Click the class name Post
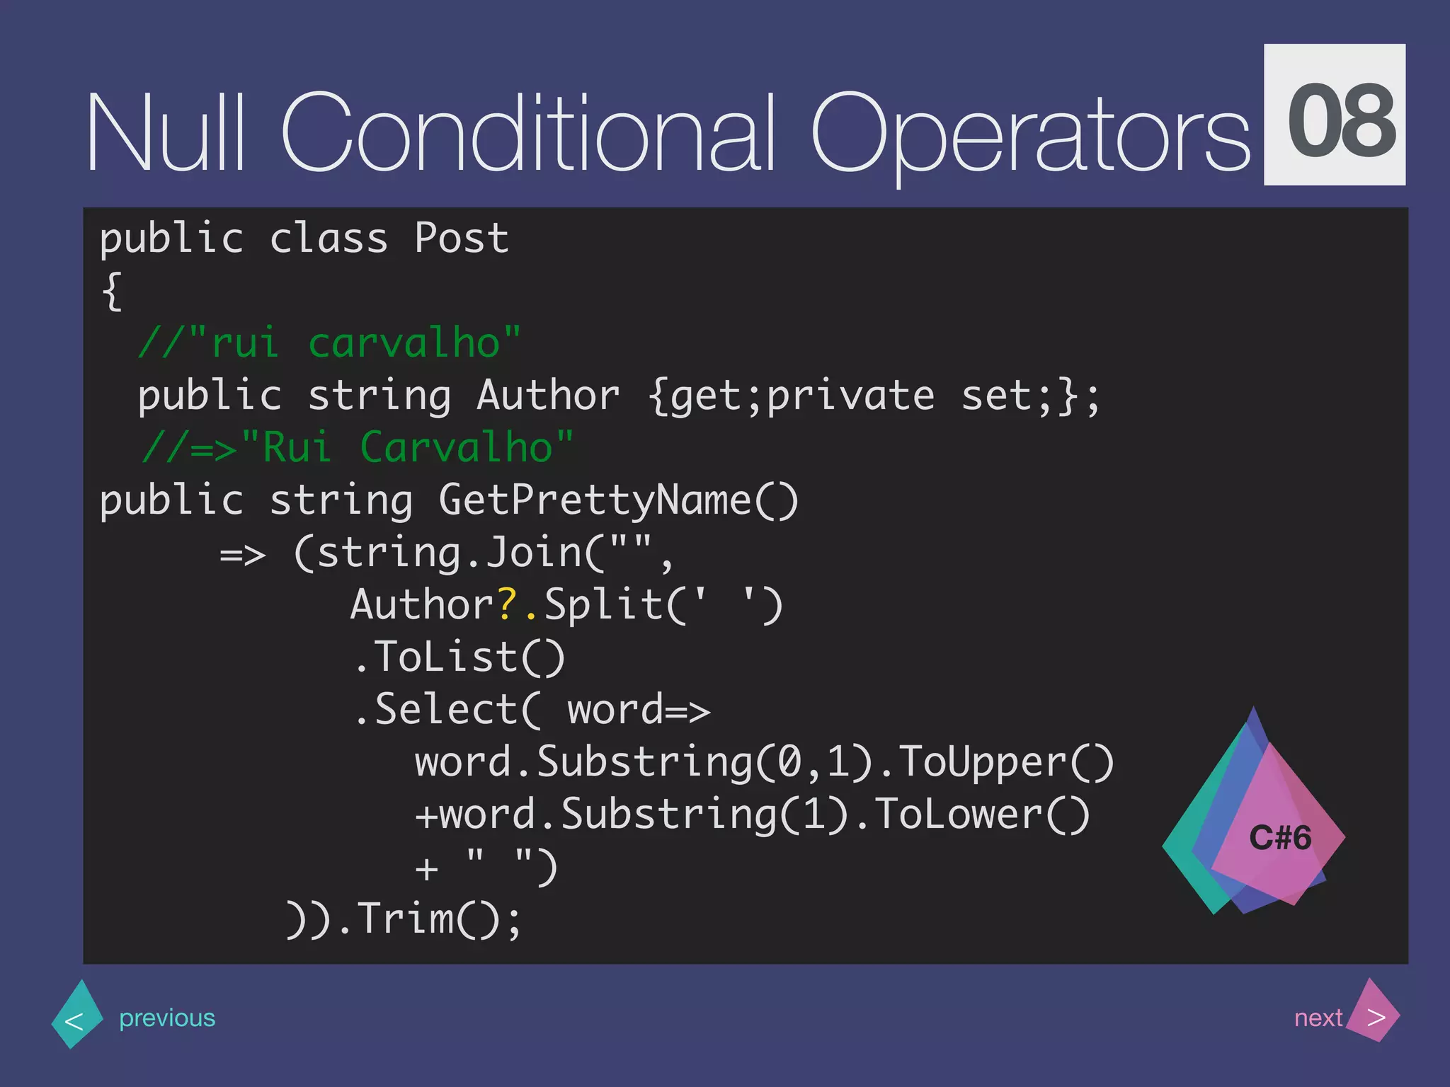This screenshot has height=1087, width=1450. coord(461,238)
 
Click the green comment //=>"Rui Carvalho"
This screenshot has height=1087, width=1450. coord(358,448)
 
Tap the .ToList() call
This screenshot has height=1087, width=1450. coord(459,657)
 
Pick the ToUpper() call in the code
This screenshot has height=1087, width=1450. coord(1005,763)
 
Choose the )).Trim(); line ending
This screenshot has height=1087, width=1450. coord(404,920)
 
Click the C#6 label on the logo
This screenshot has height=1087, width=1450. coord(1280,838)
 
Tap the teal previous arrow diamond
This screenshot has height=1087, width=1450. coord(76,1016)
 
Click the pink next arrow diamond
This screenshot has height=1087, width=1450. coord(1374,1013)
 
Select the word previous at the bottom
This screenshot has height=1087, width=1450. coord(167,1018)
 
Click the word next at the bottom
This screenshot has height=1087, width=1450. coord(1318,1018)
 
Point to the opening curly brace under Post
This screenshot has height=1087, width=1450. coord(112,291)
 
